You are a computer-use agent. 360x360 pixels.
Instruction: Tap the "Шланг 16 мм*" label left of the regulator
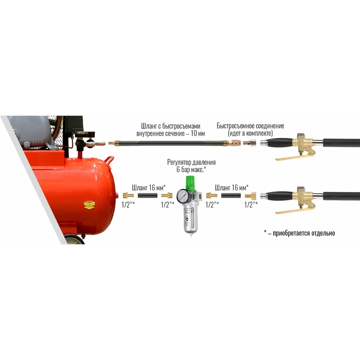tap(148, 187)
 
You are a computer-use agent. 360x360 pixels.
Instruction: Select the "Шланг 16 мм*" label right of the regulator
tap(231, 187)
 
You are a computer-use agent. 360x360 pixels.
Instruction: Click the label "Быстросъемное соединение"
tap(250, 126)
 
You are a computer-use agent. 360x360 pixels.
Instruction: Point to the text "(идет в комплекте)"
tap(250, 133)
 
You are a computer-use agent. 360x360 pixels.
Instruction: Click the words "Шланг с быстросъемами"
tap(171, 126)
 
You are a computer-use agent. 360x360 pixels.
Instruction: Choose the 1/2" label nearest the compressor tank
tap(129, 204)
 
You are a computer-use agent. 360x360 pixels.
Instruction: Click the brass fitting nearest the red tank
tap(128, 195)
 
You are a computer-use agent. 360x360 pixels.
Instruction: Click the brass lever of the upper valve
tap(292, 157)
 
